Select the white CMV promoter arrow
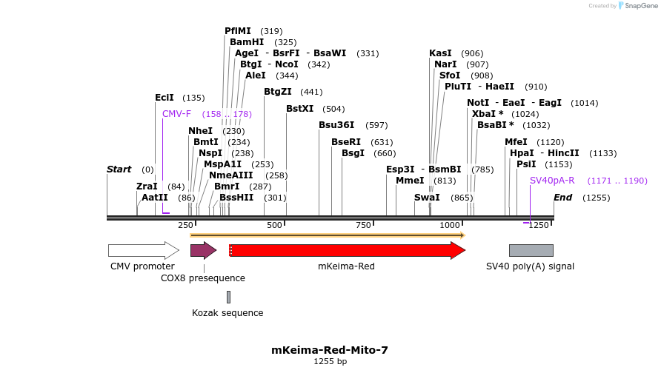[x=143, y=250]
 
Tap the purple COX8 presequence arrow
[x=202, y=250]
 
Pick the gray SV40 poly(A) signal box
[x=531, y=250]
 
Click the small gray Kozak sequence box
[x=228, y=297]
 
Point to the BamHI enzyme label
[x=247, y=42]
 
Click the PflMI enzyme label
[x=238, y=31]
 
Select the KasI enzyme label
[x=440, y=53]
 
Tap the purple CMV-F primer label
[x=176, y=114]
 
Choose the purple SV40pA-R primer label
[x=552, y=181]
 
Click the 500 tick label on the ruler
[x=275, y=225]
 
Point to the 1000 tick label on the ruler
[x=450, y=225]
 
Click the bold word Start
[x=119, y=169]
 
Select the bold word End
[x=563, y=198]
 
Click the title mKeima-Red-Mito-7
[x=330, y=350]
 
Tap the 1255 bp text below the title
[x=330, y=362]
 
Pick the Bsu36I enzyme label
[x=336, y=125]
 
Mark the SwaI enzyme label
[x=427, y=198]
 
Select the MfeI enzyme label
[x=516, y=142]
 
